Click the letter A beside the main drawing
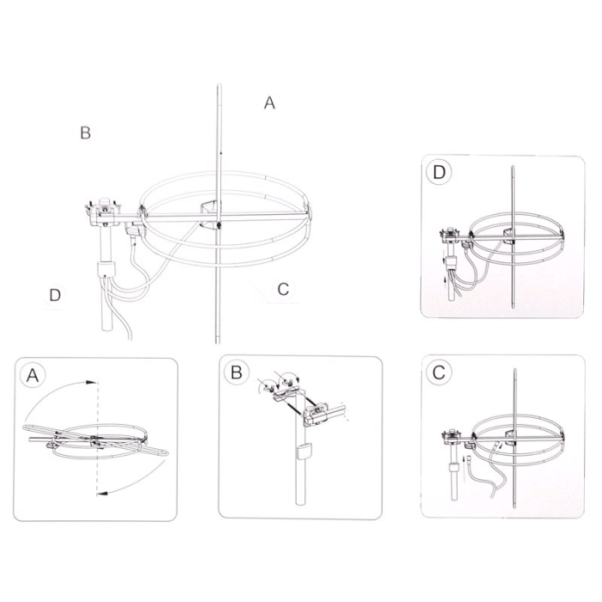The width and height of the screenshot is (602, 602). pyautogui.click(x=269, y=102)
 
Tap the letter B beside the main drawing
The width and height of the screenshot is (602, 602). pyautogui.click(x=85, y=132)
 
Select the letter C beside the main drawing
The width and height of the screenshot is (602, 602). pyautogui.click(x=283, y=289)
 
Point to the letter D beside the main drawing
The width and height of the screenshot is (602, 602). pyautogui.click(x=55, y=295)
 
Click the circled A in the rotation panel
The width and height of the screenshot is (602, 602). pyautogui.click(x=33, y=375)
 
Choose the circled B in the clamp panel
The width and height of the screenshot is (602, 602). pyautogui.click(x=236, y=372)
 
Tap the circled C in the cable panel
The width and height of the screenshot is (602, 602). pyautogui.click(x=439, y=372)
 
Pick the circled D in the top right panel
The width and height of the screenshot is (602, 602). pyautogui.click(x=439, y=172)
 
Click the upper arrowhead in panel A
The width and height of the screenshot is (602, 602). pyautogui.click(x=91, y=383)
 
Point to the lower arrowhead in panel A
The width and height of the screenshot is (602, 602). pyautogui.click(x=102, y=492)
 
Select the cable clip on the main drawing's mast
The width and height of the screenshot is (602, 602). pyautogui.click(x=106, y=269)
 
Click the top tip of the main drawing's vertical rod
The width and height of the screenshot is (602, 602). pyautogui.click(x=218, y=84)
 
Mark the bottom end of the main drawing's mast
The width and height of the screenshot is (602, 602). pyautogui.click(x=107, y=329)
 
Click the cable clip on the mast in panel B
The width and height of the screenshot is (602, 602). pyautogui.click(x=304, y=451)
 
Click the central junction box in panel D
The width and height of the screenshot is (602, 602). pyautogui.click(x=508, y=236)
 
